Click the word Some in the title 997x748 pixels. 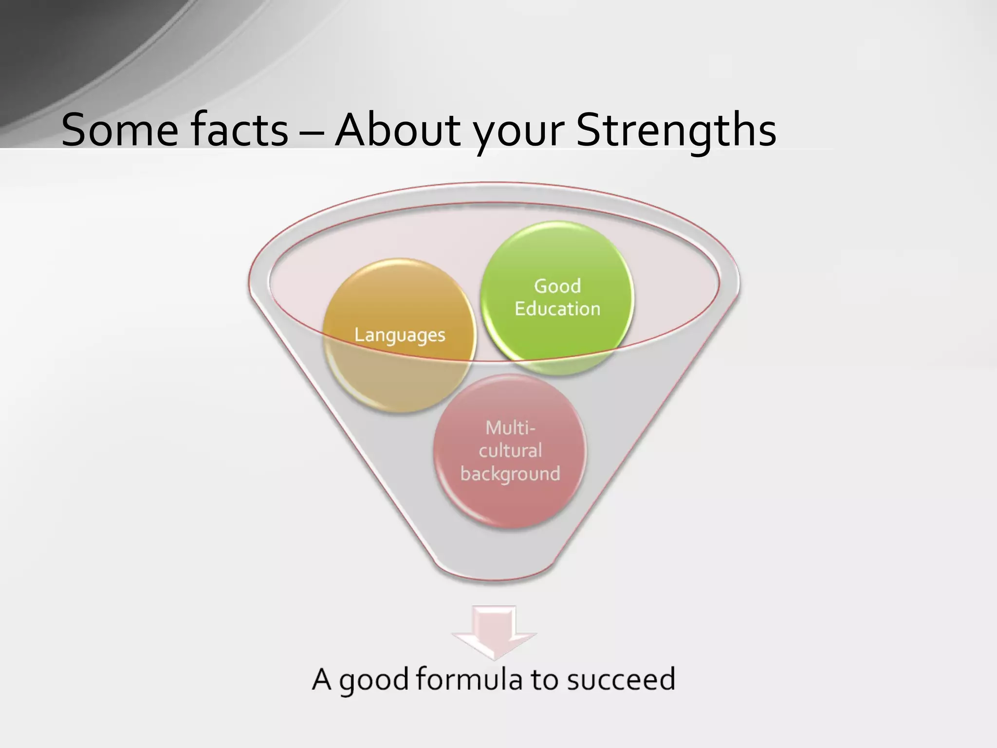[120, 130]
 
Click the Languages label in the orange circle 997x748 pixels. [400, 335]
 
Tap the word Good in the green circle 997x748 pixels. [557, 286]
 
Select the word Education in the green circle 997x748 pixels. [557, 309]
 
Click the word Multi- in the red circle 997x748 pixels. [510, 428]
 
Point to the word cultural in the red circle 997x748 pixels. [510, 450]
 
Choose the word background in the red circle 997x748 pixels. [510, 474]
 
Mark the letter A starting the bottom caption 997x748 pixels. [322, 679]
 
